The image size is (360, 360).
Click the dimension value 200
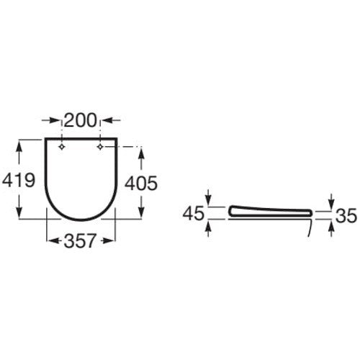coord(81,120)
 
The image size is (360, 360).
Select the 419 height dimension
coord(19,180)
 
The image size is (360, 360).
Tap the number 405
coord(141,184)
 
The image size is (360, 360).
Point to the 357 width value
coord(80,240)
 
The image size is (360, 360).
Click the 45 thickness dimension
coord(194,214)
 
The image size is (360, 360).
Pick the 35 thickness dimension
coord(346,215)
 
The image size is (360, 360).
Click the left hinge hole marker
coord(62,147)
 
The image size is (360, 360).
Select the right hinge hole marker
coord(100,147)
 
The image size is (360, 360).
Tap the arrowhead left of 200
coord(50,120)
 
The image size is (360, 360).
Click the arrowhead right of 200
coord(111,120)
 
